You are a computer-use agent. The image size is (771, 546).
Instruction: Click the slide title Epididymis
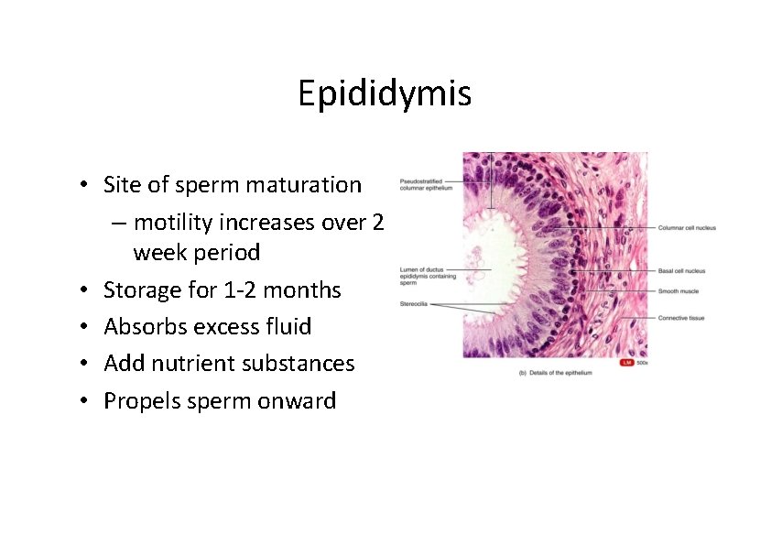click(x=385, y=93)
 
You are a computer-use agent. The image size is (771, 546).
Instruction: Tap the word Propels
click(x=140, y=401)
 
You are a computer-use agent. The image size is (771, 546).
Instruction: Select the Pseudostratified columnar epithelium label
click(x=426, y=184)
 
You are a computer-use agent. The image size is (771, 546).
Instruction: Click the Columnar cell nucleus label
click(x=687, y=227)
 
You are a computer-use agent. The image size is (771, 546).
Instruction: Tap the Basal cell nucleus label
click(x=682, y=271)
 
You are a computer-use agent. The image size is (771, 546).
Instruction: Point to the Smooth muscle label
click(x=679, y=291)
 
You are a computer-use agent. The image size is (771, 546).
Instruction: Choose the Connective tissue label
click(x=681, y=318)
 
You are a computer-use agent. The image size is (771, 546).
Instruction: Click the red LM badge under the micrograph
click(x=627, y=364)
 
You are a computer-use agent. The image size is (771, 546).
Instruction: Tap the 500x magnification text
click(x=642, y=364)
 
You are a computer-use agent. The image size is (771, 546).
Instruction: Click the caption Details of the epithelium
click(x=555, y=373)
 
